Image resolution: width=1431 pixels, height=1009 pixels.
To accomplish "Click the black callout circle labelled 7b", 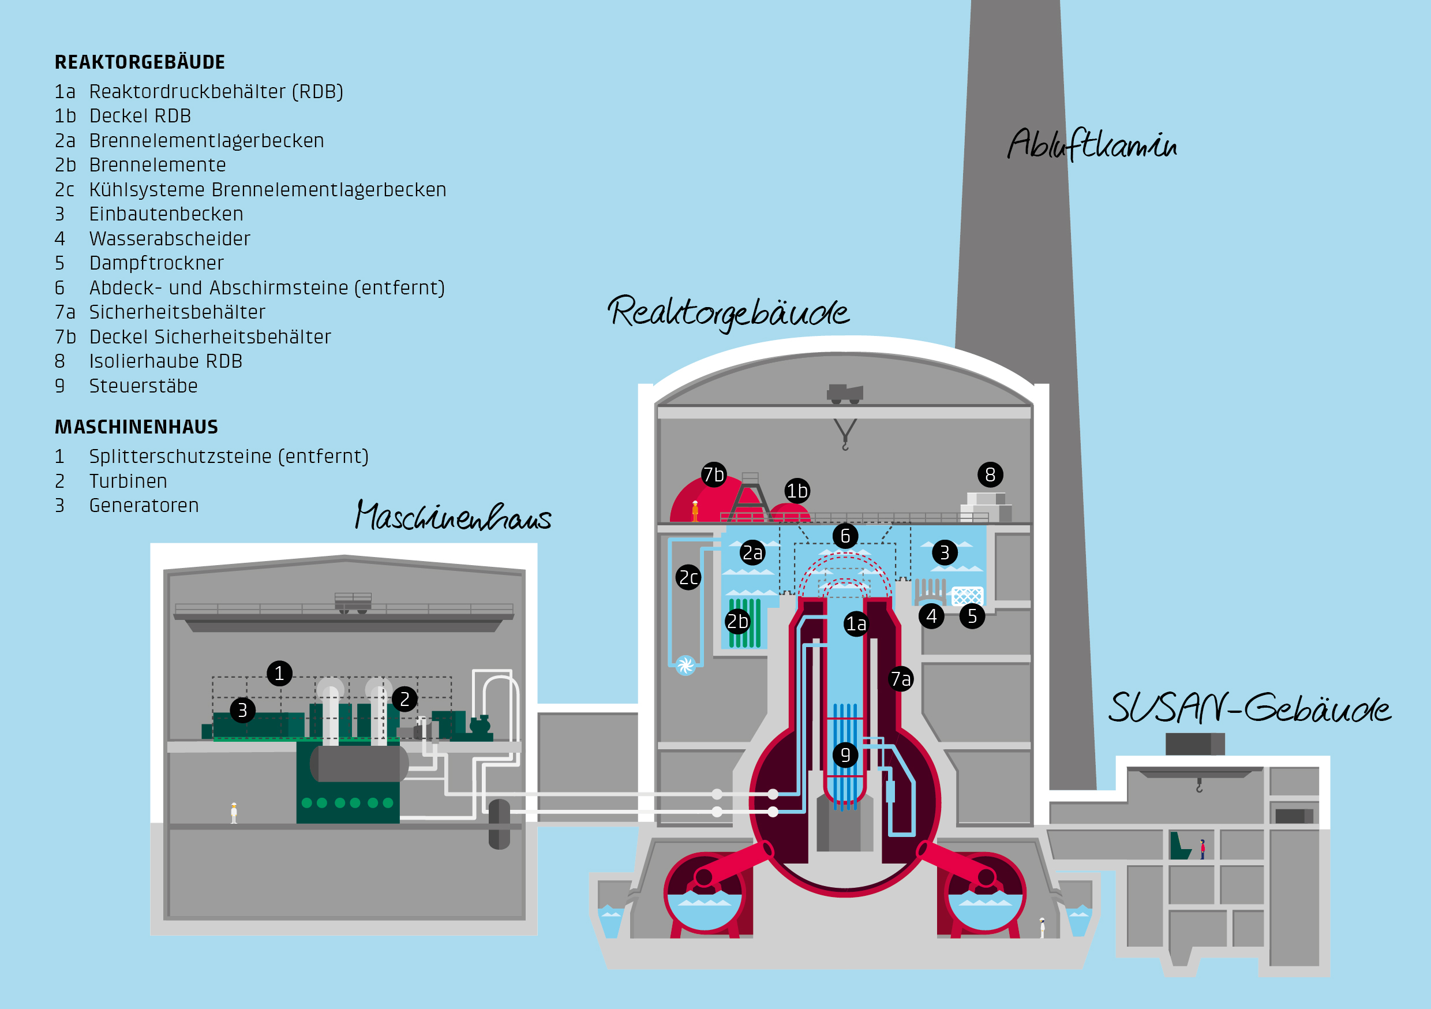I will pyautogui.click(x=714, y=474).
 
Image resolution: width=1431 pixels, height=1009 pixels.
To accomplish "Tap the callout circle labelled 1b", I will pyautogui.click(x=797, y=491).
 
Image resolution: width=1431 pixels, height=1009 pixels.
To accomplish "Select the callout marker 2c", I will pyautogui.click(x=688, y=577).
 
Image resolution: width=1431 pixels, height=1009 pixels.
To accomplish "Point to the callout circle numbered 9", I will pyautogui.click(x=845, y=755).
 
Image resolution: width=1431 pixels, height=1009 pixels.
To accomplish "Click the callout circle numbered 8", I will pyautogui.click(x=990, y=474).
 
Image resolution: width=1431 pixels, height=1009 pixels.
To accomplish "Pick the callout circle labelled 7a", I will pyautogui.click(x=901, y=678).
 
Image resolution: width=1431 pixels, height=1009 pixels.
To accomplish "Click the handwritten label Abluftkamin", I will pyautogui.click(x=1092, y=145).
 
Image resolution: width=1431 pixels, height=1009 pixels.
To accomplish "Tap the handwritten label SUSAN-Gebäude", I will pyautogui.click(x=1249, y=708).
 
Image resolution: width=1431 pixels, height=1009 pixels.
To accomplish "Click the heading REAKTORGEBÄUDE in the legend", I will pyautogui.click(x=140, y=62).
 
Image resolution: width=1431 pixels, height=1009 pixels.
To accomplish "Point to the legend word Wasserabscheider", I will pyautogui.click(x=170, y=238).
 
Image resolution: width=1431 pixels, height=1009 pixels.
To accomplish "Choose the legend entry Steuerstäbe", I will pyautogui.click(x=143, y=386).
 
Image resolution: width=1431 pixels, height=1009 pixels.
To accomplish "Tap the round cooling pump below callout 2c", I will pyautogui.click(x=685, y=666).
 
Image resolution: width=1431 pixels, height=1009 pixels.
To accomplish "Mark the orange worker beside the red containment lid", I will pyautogui.click(x=695, y=511).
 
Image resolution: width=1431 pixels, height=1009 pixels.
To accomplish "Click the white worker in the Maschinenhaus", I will pyautogui.click(x=234, y=813).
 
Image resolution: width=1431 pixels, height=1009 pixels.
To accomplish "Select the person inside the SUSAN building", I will pyautogui.click(x=1203, y=849).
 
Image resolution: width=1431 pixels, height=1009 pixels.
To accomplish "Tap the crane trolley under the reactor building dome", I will pyautogui.click(x=845, y=394).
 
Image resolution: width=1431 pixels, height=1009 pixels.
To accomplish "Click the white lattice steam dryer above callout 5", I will pyautogui.click(x=967, y=596).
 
